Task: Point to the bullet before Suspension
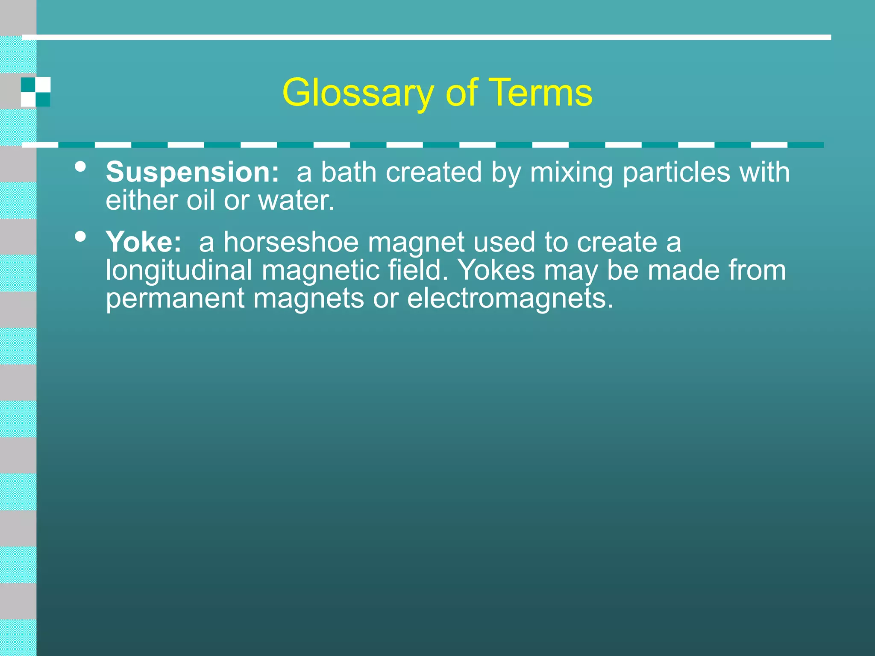(x=80, y=167)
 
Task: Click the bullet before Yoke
(x=80, y=236)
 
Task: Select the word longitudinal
(x=179, y=270)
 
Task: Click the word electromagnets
(x=510, y=298)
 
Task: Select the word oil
(x=200, y=200)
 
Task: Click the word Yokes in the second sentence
(x=496, y=270)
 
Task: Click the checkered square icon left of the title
(x=36, y=92)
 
